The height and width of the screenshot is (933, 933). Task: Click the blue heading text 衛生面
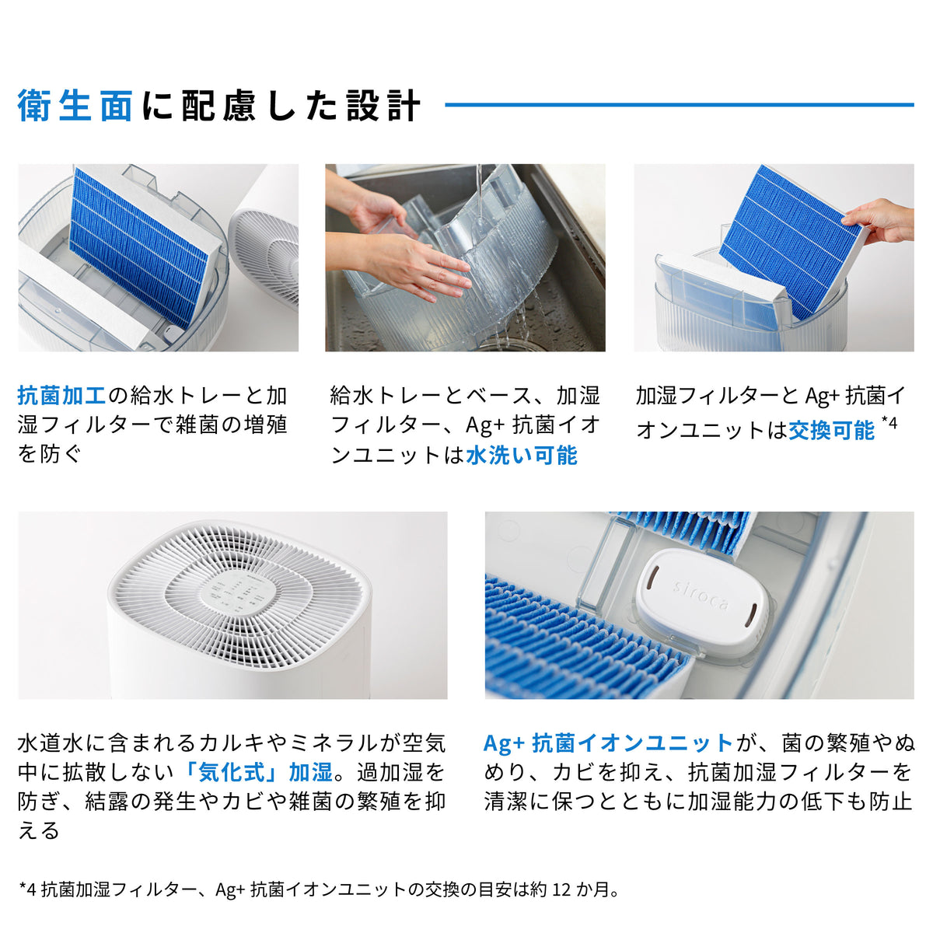[x=75, y=106]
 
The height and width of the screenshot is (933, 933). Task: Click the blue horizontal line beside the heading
[x=678, y=104]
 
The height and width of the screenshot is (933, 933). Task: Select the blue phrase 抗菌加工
[x=61, y=396]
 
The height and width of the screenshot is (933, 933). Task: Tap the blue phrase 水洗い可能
[x=521, y=456]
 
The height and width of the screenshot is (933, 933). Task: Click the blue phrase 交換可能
[x=831, y=430]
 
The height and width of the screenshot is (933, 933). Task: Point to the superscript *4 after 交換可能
[x=889, y=425]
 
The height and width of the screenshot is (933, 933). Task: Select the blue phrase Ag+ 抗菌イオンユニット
[x=608, y=743]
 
